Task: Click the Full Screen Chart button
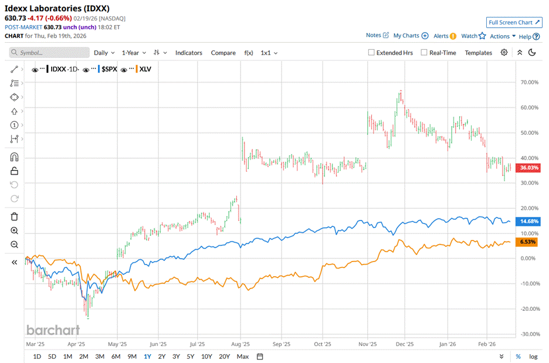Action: [x=513, y=22]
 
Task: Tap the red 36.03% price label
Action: [x=529, y=168]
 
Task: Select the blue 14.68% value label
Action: [x=529, y=221]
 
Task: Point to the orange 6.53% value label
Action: [x=529, y=242]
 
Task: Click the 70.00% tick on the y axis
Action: [x=529, y=83]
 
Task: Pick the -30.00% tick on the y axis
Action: [x=529, y=334]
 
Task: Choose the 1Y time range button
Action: [x=147, y=357]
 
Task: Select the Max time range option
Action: [x=242, y=357]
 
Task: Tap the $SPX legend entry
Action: [x=110, y=69]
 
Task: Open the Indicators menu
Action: [x=188, y=53]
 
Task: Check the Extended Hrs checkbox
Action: [x=371, y=53]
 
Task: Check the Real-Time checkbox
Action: [x=424, y=53]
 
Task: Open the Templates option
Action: [x=478, y=53]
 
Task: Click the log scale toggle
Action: [x=533, y=357]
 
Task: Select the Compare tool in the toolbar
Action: [x=223, y=53]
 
